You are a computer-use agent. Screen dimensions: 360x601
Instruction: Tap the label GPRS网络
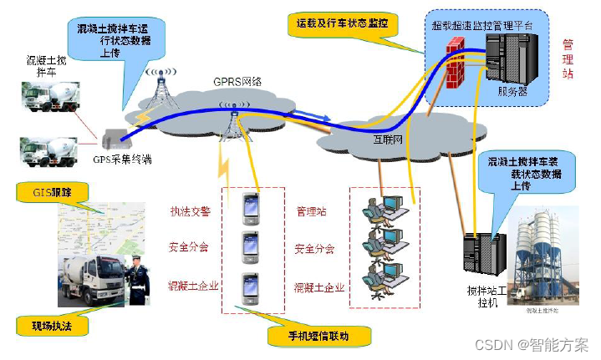(x=238, y=81)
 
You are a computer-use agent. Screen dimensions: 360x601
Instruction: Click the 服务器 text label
(x=512, y=93)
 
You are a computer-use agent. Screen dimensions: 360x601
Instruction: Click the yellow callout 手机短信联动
(x=318, y=337)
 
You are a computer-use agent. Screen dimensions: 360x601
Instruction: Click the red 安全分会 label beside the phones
(x=189, y=248)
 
